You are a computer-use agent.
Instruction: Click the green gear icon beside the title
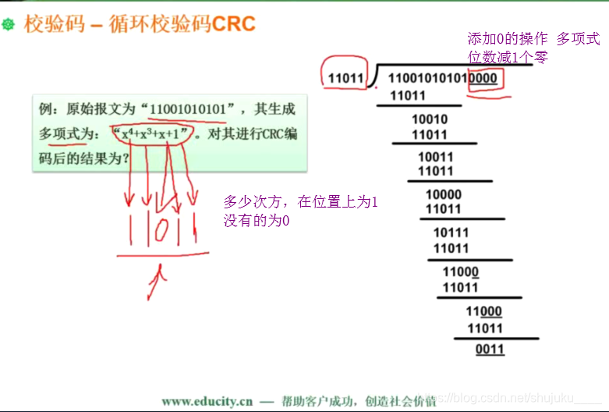(x=9, y=26)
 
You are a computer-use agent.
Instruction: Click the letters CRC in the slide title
(x=234, y=24)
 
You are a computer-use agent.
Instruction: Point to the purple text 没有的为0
(x=257, y=221)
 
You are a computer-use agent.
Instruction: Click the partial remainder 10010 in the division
(x=429, y=119)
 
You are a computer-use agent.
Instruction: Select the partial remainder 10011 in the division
(x=435, y=157)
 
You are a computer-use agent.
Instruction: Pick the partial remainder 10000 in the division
(x=443, y=194)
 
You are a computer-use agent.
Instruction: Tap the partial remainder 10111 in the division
(x=451, y=233)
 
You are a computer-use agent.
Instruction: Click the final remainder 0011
(x=490, y=349)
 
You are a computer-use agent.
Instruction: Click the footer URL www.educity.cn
(x=207, y=401)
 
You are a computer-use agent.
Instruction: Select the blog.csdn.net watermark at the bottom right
(x=515, y=400)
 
